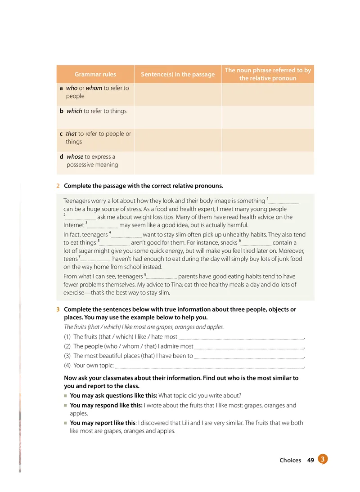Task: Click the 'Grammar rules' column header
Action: [95, 74]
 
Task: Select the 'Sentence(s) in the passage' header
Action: [178, 74]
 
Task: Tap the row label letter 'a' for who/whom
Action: [61, 88]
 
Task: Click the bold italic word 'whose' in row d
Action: [75, 157]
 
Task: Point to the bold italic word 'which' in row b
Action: [74, 111]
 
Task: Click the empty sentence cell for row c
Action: [178, 140]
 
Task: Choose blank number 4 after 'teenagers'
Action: [126, 235]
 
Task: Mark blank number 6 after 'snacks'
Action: [256, 243]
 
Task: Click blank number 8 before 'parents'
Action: [162, 277]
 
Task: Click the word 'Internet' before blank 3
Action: [74, 225]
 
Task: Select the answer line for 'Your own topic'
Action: [209, 366]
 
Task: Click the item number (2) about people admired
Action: [67, 346]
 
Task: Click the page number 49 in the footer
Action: [310, 460]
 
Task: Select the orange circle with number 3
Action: [323, 459]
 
